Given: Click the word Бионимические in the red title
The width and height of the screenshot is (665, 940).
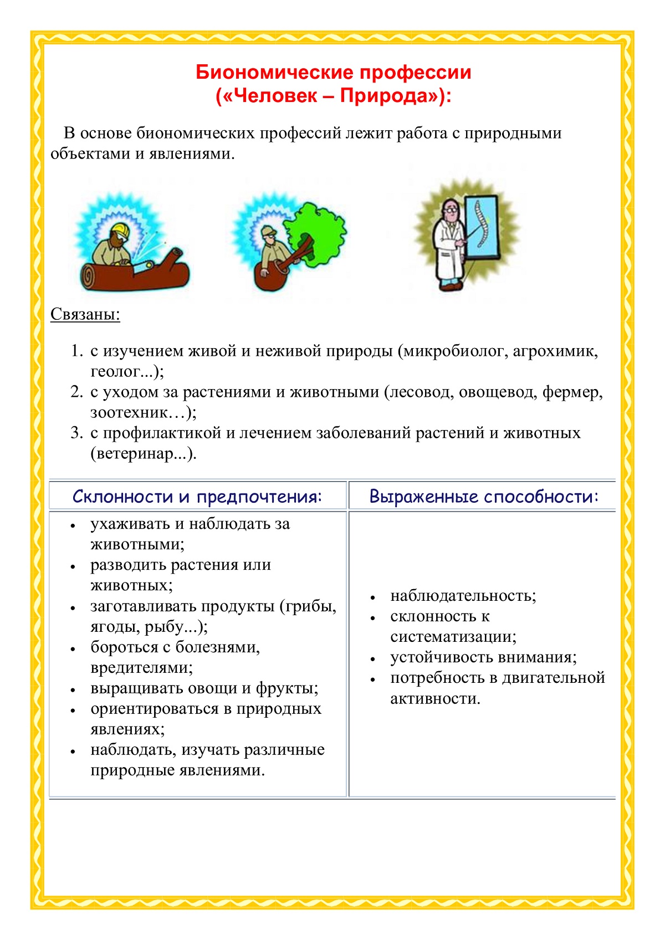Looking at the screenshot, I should pyautogui.click(x=274, y=72).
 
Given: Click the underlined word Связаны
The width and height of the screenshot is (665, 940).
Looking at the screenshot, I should pyautogui.click(x=85, y=314).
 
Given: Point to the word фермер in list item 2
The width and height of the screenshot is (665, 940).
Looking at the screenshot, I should pyautogui.click(x=572, y=392).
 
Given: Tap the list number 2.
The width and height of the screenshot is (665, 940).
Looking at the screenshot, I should pyautogui.click(x=76, y=392).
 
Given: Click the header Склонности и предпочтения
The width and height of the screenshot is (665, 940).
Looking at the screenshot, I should pyautogui.click(x=197, y=496).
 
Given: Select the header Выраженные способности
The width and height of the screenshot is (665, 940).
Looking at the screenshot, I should pyautogui.click(x=484, y=496).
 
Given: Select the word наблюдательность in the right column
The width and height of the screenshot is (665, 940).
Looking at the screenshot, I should pyautogui.click(x=463, y=596).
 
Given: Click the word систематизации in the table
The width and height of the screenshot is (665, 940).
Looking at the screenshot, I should pyautogui.click(x=453, y=637).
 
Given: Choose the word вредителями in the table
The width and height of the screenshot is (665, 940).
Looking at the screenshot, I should pyautogui.click(x=141, y=668).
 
